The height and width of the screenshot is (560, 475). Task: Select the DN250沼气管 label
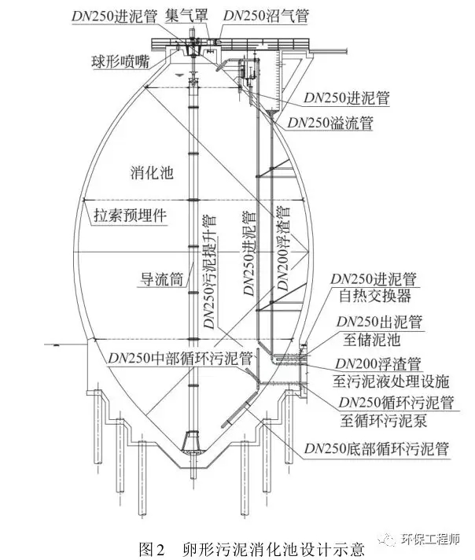tap(267, 16)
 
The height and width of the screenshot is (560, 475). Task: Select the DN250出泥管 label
tap(380, 322)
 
